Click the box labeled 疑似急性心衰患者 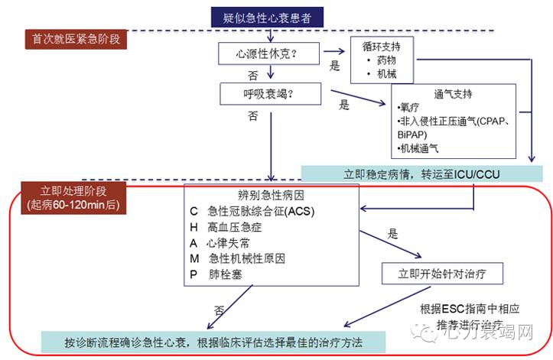[267, 15]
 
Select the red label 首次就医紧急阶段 [74, 37]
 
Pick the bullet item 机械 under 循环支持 [386, 74]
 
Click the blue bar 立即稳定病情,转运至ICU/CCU [421, 175]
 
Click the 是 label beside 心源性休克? [334, 66]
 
